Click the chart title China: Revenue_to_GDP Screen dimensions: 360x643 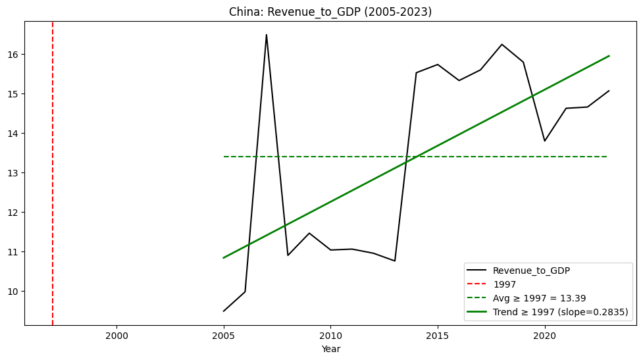click(330, 12)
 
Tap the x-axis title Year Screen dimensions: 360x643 click(330, 349)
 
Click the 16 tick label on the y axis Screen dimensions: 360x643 click(14, 54)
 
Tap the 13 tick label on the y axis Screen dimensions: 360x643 click(14, 172)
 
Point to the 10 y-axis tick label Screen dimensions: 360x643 click(14, 291)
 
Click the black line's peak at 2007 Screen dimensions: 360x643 click(267, 35)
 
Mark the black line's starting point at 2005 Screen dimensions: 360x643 click(224, 311)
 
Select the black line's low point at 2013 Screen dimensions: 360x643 click(395, 261)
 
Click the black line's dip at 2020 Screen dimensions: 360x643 click(545, 141)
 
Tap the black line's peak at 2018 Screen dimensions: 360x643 click(502, 44)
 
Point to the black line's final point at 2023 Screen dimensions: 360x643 click(609, 91)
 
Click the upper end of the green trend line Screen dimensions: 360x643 click(609, 56)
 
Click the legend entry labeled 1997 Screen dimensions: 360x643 click(504, 284)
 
